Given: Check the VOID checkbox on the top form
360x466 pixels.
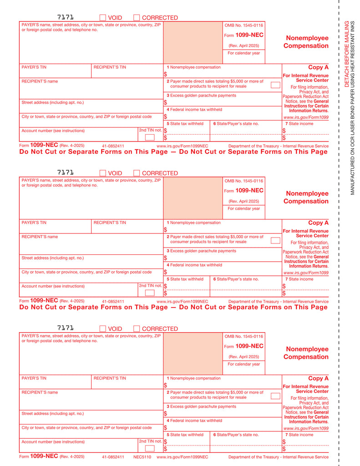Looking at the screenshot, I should point(102,18).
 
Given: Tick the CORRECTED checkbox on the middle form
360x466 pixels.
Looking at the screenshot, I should point(137,173).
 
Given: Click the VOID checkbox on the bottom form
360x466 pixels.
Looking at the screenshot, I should point(102,329).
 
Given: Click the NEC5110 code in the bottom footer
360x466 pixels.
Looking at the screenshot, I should point(142,456).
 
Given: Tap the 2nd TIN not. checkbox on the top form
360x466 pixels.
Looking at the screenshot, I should point(149,137).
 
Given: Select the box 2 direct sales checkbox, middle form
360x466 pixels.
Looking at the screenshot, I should point(275,240).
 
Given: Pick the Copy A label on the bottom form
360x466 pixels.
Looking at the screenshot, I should point(318,378).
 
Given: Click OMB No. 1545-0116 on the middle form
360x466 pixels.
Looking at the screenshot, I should point(243,181).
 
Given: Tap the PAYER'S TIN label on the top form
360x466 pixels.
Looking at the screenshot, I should point(34,67).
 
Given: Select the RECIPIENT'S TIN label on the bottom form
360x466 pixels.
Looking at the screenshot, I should point(110,378).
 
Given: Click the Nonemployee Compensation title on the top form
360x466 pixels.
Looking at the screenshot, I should point(306,42).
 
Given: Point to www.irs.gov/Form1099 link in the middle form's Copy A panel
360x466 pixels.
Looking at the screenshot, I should point(305,273).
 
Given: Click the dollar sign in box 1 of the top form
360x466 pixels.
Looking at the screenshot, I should point(165,74).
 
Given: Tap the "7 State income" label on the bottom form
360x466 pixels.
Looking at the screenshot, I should point(299,435).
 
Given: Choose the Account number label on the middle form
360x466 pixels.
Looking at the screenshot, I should point(53,286).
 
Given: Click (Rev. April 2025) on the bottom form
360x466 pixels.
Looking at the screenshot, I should point(243,356).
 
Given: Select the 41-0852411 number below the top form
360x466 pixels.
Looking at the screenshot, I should point(113,146).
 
